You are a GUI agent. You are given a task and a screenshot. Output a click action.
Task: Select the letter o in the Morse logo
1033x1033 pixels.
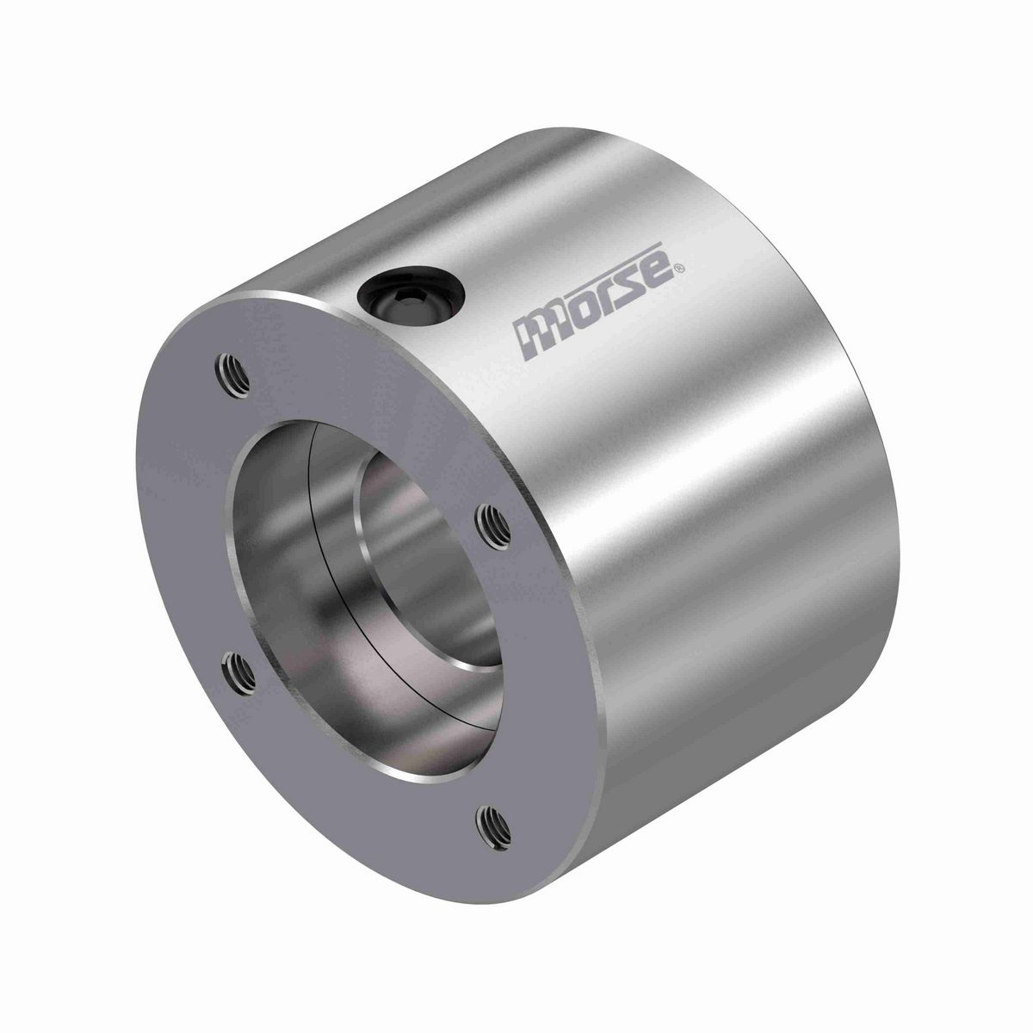click(576, 315)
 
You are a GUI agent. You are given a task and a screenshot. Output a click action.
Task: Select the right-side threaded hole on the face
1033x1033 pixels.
click(493, 521)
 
